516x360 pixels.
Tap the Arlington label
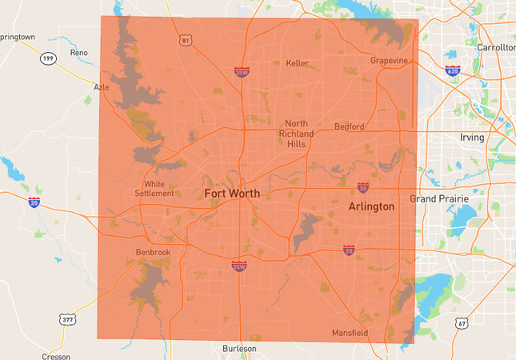(x=371, y=206)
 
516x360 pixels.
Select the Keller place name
(x=297, y=63)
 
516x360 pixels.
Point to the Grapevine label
(x=390, y=61)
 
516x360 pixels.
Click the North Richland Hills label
(x=296, y=133)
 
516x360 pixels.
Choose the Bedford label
(x=349, y=126)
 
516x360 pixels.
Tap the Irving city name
(x=472, y=138)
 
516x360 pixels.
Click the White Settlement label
(x=154, y=188)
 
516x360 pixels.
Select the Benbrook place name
(x=154, y=252)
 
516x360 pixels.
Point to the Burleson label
(x=239, y=349)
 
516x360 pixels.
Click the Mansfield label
(x=350, y=333)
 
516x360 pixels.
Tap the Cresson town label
(x=55, y=356)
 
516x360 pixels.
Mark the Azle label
(x=102, y=87)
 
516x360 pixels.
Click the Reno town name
(x=78, y=52)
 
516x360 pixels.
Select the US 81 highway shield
(x=186, y=40)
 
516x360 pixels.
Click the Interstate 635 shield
(x=453, y=70)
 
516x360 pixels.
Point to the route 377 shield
(x=68, y=320)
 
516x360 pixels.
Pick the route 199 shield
(x=49, y=58)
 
